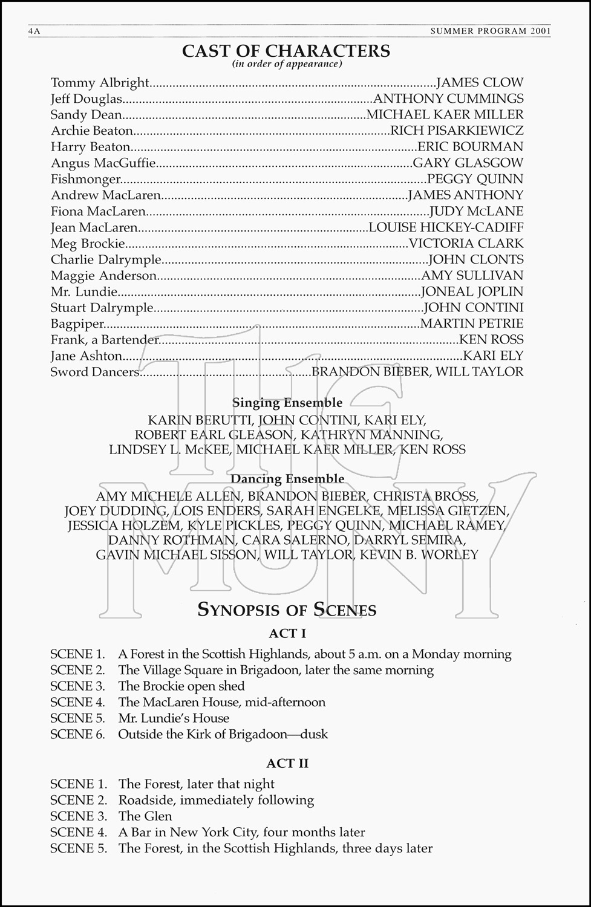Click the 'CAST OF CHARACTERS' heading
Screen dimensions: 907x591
coord(286,51)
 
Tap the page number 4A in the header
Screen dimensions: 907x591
coord(34,31)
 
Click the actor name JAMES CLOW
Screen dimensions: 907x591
coord(480,83)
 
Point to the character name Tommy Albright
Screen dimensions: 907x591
coord(100,83)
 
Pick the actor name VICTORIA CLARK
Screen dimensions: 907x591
coord(466,244)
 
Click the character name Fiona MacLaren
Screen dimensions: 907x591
coord(99,211)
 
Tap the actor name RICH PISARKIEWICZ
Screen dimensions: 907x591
coord(457,131)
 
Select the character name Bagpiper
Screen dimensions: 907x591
coord(77,323)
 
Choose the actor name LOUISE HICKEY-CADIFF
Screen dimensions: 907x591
coord(446,227)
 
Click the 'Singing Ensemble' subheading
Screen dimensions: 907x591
coord(287,403)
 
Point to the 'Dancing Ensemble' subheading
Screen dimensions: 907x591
coord(287,479)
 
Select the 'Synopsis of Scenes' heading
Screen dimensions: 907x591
coord(287,610)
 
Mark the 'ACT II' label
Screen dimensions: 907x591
coord(287,763)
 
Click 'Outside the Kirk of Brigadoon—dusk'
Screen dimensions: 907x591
coord(223,734)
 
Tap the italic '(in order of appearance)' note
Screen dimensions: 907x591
coord(287,63)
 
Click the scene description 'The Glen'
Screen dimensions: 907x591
coord(145,816)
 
